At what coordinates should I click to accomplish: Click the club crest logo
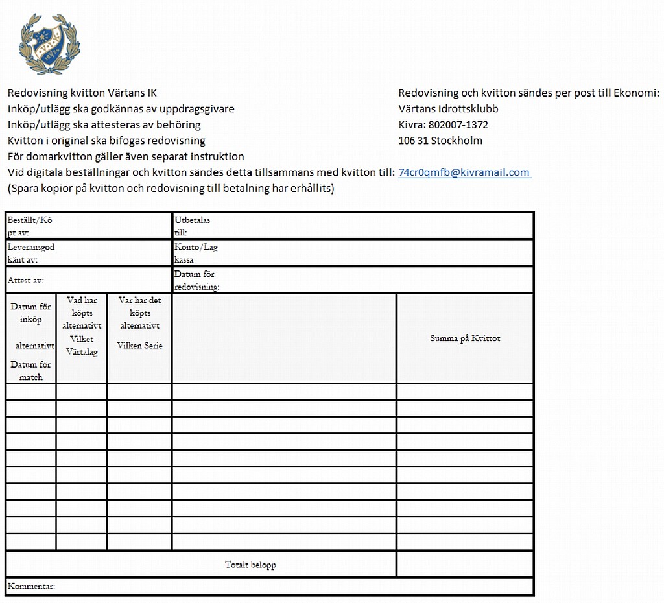[49, 44]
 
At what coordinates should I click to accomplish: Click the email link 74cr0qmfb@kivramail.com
[464, 172]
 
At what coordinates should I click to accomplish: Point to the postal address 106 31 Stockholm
[440, 141]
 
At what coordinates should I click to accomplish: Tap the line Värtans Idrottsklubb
[448, 109]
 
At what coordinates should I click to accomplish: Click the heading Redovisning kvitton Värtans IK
[82, 93]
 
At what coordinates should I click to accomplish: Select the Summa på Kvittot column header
[465, 338]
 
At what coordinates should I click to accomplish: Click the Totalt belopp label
[250, 565]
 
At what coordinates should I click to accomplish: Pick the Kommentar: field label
[31, 587]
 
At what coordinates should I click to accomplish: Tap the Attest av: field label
[25, 281]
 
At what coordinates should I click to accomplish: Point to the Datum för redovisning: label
[196, 280]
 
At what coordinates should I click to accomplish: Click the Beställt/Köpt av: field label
[29, 226]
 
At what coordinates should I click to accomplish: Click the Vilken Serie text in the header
[139, 346]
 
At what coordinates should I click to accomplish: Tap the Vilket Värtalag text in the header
[82, 346]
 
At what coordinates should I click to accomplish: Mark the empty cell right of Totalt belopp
[465, 564]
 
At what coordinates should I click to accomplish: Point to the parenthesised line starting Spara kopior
[171, 188]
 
